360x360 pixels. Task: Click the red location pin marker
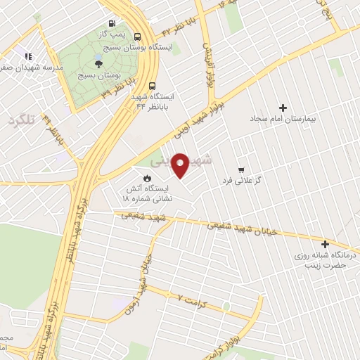point(180,164)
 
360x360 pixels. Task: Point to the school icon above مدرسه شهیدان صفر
point(27,56)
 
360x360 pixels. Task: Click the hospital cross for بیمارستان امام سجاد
point(283,108)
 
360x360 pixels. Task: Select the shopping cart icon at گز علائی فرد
point(242,169)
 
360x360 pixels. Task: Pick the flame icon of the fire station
point(148,178)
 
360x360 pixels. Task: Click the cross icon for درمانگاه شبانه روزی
point(325,244)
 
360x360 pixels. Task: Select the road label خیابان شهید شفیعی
point(237,229)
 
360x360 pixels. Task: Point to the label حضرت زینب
point(325,268)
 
